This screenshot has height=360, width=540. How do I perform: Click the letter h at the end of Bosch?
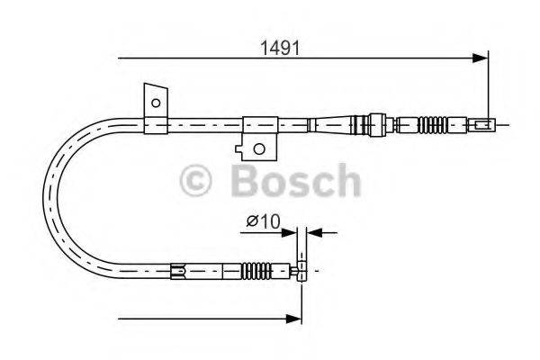[345, 180]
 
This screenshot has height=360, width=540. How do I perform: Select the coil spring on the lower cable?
[262, 267]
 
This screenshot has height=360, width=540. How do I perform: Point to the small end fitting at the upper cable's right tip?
[483, 124]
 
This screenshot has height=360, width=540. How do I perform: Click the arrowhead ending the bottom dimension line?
[293, 317]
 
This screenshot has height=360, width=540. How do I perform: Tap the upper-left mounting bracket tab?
[154, 103]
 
